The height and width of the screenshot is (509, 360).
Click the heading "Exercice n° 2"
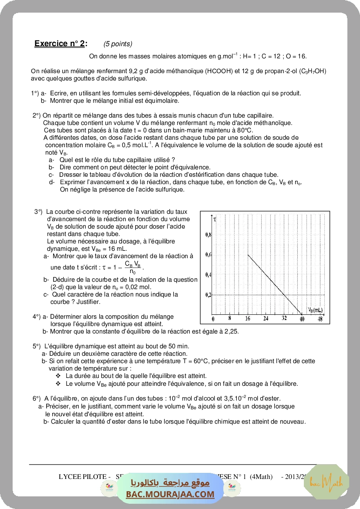click(x=60, y=44)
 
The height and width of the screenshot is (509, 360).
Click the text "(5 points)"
click(x=118, y=44)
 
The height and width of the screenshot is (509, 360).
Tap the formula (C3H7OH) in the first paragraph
click(x=313, y=71)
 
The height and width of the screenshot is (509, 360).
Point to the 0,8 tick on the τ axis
click(x=208, y=235)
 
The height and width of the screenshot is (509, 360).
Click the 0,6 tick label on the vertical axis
click(x=208, y=255)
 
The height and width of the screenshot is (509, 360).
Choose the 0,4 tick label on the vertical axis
click(x=208, y=275)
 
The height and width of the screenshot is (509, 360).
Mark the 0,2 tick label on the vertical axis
click(x=208, y=295)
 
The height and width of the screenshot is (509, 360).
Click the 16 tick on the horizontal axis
click(x=248, y=319)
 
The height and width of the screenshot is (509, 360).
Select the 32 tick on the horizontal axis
click(x=284, y=319)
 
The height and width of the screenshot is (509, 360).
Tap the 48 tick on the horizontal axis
click(x=320, y=319)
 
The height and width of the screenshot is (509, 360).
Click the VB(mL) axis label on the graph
click(x=316, y=310)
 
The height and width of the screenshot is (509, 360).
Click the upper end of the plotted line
click(x=248, y=255)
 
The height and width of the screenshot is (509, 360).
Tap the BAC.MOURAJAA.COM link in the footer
click(x=170, y=494)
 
